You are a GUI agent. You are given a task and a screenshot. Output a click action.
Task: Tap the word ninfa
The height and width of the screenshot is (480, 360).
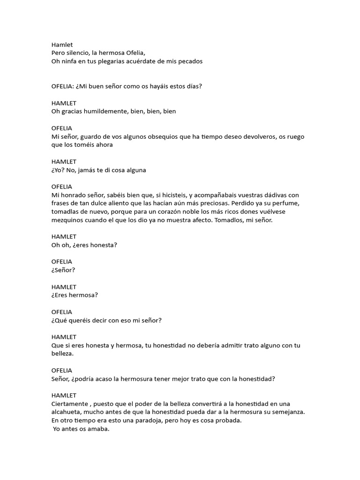point(69,61)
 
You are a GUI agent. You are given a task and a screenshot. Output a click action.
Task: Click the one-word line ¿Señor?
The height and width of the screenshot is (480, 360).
point(63,270)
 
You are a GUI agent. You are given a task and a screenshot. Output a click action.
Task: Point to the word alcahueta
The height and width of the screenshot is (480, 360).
point(68,412)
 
